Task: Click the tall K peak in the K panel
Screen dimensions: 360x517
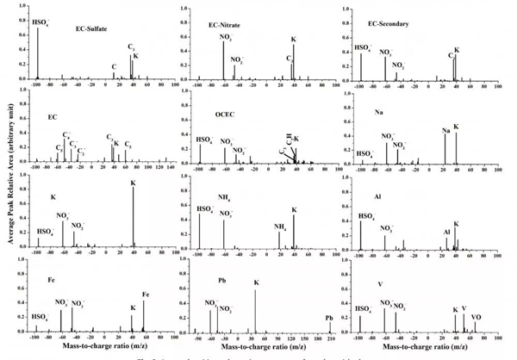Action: [133, 215]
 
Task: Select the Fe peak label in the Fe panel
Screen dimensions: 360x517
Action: [145, 295]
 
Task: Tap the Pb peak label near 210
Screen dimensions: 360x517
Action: [329, 318]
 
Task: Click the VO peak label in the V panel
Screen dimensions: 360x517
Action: [477, 317]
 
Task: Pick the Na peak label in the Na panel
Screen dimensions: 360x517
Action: [445, 131]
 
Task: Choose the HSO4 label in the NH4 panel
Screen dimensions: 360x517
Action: [205, 209]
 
